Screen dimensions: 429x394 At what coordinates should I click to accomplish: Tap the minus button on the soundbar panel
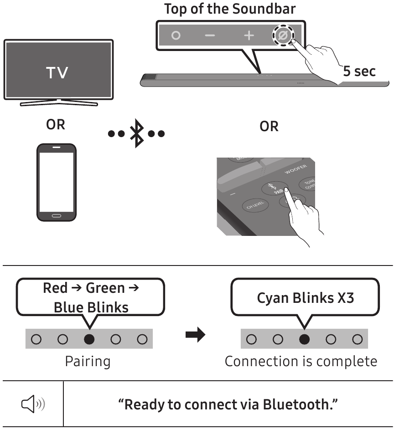(x=210, y=36)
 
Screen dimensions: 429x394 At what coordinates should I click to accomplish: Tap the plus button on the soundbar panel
(x=248, y=36)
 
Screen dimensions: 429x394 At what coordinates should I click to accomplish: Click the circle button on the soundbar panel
(x=176, y=36)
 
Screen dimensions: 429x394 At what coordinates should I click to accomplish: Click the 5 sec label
(x=359, y=71)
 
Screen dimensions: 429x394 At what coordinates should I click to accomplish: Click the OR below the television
(x=56, y=125)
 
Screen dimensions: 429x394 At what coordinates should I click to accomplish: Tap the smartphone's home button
(x=57, y=215)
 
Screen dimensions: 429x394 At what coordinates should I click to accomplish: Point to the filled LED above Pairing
(x=90, y=339)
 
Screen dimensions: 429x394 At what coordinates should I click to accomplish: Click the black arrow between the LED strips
(x=195, y=336)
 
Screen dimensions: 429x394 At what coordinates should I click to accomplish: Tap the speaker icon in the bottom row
(x=31, y=403)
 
